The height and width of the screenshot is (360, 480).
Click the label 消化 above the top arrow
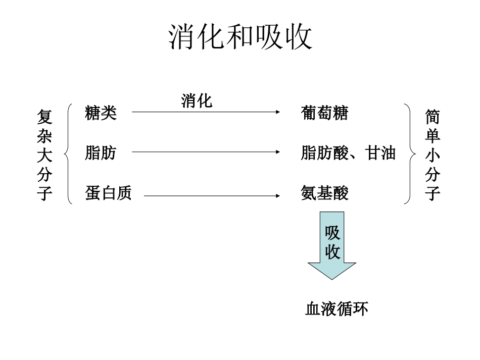[x=197, y=101]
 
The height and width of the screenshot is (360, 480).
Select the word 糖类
[x=101, y=113]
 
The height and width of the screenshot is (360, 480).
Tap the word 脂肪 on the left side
[x=101, y=152]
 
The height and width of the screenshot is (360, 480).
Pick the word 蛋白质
[x=108, y=193]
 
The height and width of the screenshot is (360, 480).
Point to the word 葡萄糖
[x=324, y=113]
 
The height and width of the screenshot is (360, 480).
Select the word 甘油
[x=380, y=152]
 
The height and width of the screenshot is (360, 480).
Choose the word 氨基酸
[x=324, y=193]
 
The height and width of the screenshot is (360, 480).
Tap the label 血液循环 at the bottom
[x=337, y=308]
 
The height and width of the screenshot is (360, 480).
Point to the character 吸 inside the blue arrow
[x=332, y=233]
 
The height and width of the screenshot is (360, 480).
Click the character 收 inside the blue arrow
[x=332, y=251]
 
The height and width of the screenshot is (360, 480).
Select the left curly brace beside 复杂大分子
[x=69, y=153]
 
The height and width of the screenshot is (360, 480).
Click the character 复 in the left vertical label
[x=44, y=117]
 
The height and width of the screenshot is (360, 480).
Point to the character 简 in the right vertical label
[x=433, y=117]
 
